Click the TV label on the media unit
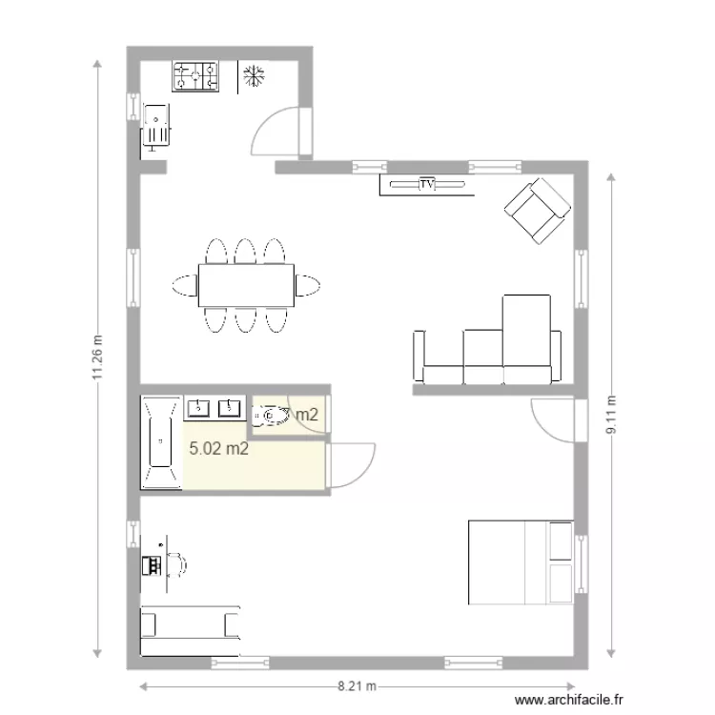tap(426, 183)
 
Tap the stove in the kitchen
tap(195, 76)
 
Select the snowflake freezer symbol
tap(253, 76)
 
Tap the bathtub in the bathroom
tap(159, 442)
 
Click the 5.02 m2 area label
tap(219, 449)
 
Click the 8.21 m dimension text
tap(357, 685)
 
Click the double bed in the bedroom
tap(521, 562)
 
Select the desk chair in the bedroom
tap(175, 564)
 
